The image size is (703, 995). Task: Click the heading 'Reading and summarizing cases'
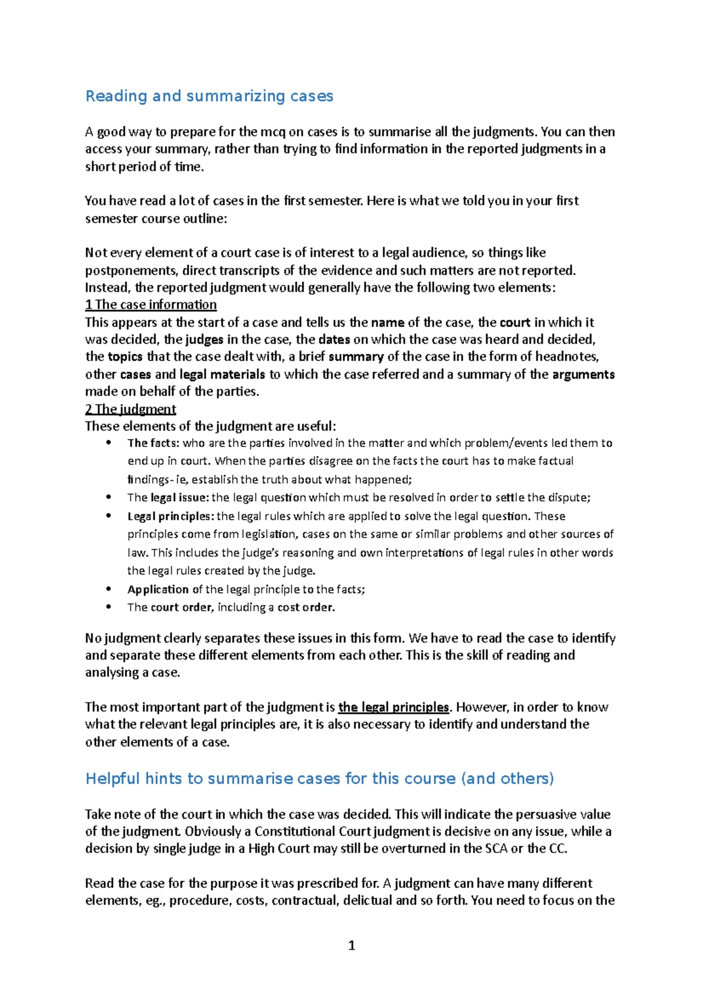pos(209,96)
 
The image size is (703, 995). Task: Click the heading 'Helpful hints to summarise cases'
pos(319,778)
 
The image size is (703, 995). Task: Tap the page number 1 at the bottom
pos(351,945)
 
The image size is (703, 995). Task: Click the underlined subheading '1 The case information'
pos(151,305)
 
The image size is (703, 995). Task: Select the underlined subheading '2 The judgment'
pos(130,409)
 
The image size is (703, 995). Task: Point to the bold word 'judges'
pos(204,339)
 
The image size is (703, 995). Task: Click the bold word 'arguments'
pos(583,374)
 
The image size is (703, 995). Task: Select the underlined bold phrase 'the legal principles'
pos(394,707)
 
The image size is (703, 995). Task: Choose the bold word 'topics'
pos(125,357)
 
